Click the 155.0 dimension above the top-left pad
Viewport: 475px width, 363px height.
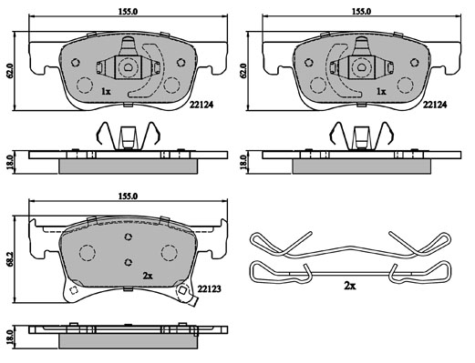click(128, 12)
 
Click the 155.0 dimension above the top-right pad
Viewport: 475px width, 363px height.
click(361, 12)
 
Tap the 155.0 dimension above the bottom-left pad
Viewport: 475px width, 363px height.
click(128, 197)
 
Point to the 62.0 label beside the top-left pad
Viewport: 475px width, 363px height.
click(10, 71)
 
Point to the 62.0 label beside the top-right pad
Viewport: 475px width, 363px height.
click(243, 71)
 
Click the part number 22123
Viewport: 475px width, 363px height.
click(209, 288)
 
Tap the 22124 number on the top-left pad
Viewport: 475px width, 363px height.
click(201, 105)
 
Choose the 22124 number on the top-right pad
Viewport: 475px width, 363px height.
click(435, 105)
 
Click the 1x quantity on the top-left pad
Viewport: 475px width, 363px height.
click(106, 91)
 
